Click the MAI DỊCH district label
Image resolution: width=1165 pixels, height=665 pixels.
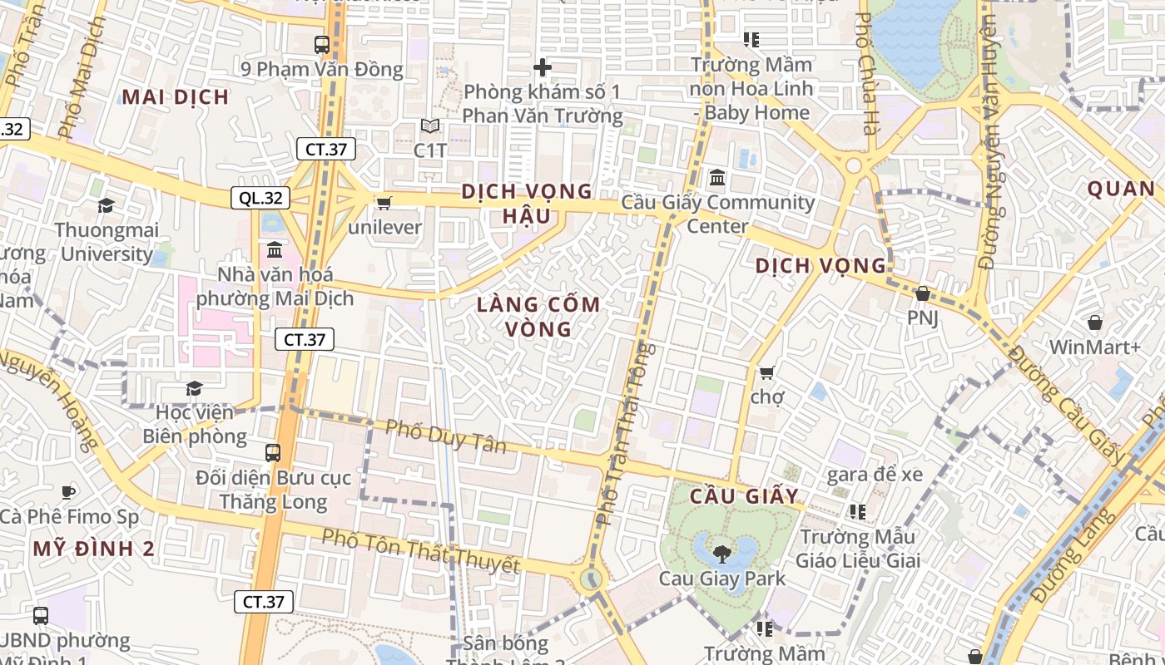(x=175, y=97)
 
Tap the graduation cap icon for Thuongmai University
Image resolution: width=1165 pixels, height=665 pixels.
(x=106, y=205)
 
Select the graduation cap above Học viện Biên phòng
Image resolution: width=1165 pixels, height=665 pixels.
(x=194, y=388)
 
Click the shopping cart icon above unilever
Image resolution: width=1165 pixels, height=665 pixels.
(x=384, y=203)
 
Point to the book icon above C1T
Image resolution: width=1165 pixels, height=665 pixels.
(x=430, y=126)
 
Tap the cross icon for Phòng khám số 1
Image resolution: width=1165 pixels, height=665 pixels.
(x=543, y=67)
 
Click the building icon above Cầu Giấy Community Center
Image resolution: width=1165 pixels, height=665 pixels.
(x=717, y=178)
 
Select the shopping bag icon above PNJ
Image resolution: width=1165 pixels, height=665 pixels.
(x=922, y=293)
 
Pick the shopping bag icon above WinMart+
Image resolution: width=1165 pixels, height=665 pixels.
(x=1095, y=323)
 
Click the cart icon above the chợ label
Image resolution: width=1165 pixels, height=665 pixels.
(x=766, y=372)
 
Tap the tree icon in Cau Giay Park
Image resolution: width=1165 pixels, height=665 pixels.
(x=721, y=553)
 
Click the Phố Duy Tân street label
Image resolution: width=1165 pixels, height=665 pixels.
(x=446, y=436)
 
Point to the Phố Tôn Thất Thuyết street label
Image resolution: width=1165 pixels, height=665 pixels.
(x=420, y=552)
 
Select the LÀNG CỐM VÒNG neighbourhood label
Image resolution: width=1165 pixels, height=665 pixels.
(x=538, y=317)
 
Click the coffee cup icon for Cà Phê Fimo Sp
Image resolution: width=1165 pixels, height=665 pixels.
(x=68, y=492)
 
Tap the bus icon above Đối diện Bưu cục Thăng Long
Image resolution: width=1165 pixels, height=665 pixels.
(x=273, y=453)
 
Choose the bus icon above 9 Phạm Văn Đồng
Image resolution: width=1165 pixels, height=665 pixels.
(x=321, y=45)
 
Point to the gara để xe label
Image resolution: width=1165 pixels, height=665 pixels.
(x=875, y=475)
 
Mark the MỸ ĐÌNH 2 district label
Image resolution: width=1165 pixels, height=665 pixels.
(x=94, y=549)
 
